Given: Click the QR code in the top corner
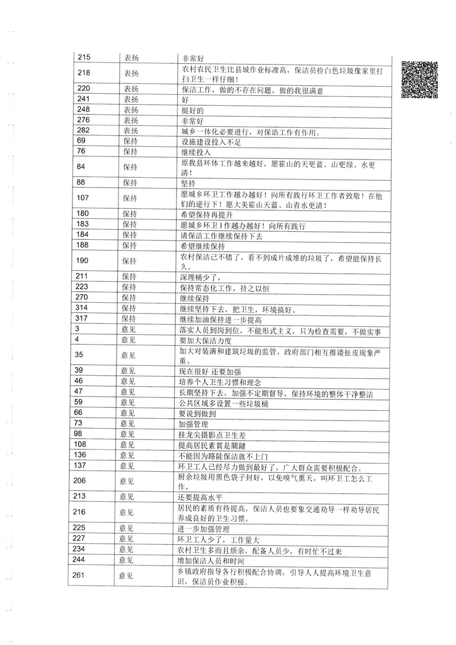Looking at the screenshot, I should pyautogui.click(x=420, y=78).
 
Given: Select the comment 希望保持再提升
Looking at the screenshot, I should pyautogui.click(x=207, y=213).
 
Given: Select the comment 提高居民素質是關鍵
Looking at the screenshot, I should pyautogui.click(x=210, y=444).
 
